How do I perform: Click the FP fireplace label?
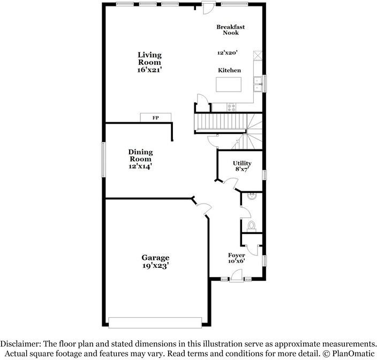click(155, 118)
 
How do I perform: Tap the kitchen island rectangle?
click(229, 85)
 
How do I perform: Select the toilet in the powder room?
click(252, 226)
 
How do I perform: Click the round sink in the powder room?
click(252, 196)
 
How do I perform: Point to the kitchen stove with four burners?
click(231, 107)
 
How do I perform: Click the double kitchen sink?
click(259, 85)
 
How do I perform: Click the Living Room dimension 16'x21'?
click(149, 70)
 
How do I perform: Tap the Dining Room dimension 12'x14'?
click(140, 166)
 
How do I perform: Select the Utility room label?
click(242, 163)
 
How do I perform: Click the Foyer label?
click(237, 255)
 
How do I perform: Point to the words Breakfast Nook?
click(231, 30)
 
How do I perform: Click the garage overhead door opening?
click(155, 322)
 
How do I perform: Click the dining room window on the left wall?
click(104, 160)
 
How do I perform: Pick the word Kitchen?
click(229, 70)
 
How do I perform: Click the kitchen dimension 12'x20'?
click(228, 52)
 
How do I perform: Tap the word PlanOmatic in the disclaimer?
click(353, 354)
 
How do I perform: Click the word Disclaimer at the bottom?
click(20, 343)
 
